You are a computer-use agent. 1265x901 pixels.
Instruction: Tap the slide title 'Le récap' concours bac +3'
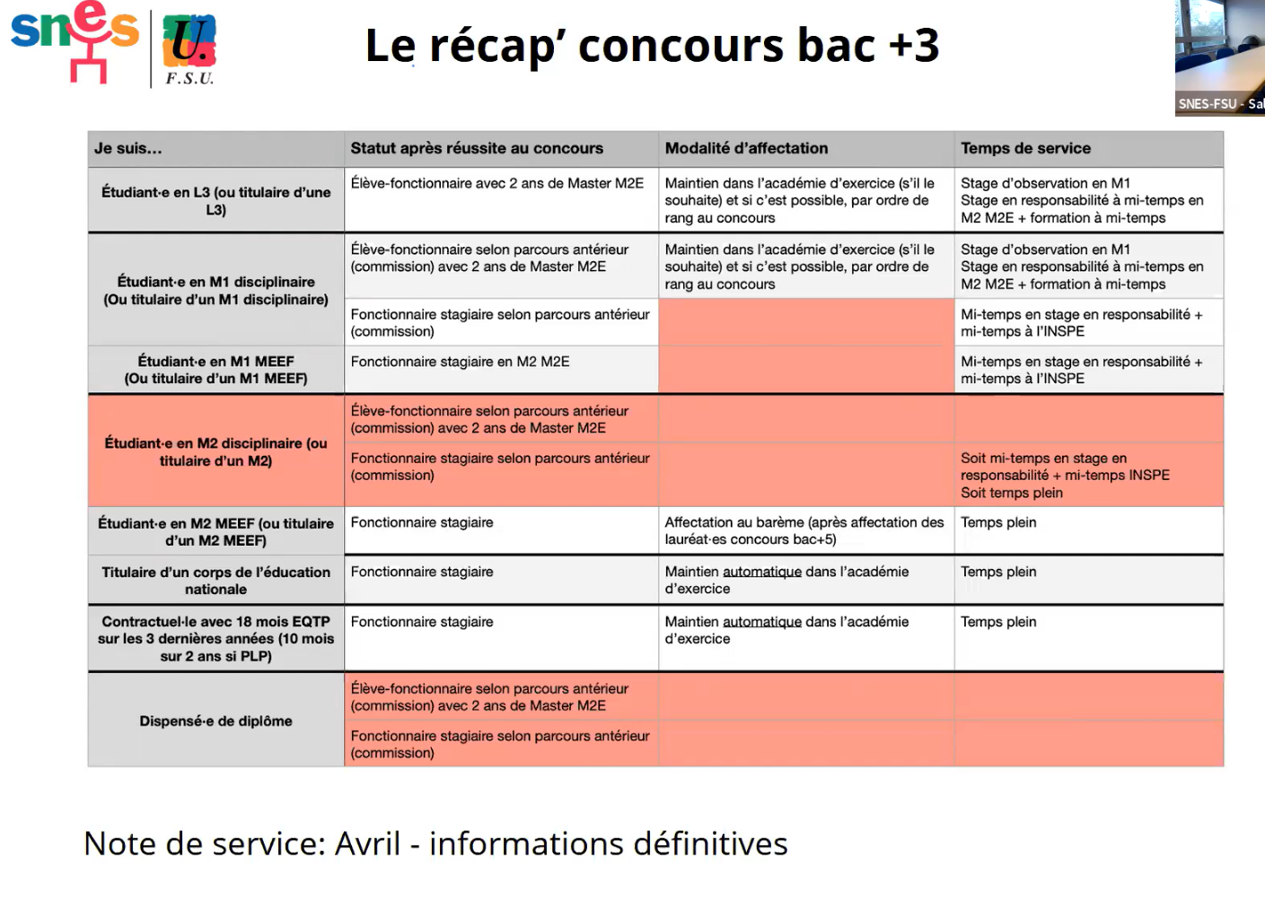click(x=652, y=45)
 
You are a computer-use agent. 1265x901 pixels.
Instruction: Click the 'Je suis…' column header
click(x=128, y=149)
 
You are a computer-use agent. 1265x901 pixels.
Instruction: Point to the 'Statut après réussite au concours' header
click(x=477, y=149)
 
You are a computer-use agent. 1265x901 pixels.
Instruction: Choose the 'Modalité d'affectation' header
click(x=746, y=149)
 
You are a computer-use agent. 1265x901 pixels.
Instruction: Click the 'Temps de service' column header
click(x=1025, y=149)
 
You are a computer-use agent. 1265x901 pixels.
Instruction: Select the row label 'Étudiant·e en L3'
click(x=215, y=201)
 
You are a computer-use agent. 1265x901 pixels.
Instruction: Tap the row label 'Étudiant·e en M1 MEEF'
click(x=215, y=370)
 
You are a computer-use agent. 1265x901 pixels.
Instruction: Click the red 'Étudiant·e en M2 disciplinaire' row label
click(x=215, y=451)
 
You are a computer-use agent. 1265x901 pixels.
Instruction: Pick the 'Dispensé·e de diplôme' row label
click(x=215, y=721)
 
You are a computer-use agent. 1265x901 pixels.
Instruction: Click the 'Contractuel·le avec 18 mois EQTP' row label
click(x=215, y=638)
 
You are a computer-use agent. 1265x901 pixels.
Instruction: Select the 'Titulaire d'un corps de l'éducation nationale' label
click(x=215, y=581)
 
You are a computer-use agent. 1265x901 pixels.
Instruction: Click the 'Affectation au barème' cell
click(x=804, y=530)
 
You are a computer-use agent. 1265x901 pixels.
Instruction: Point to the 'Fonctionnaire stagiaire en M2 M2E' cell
click(x=460, y=362)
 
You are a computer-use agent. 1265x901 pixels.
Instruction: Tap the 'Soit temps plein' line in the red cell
click(x=1012, y=493)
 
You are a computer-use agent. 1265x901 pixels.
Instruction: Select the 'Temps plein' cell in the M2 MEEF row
click(x=998, y=522)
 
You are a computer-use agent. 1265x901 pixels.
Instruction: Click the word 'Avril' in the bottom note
click(x=367, y=844)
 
